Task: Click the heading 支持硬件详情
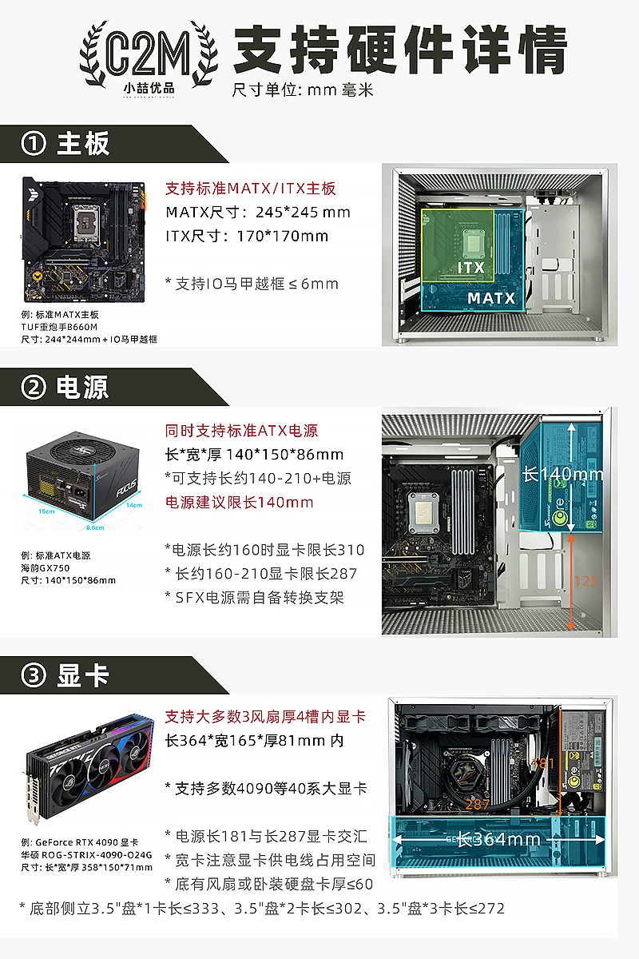click(399, 50)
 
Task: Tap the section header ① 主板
click(68, 144)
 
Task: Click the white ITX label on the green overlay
click(470, 267)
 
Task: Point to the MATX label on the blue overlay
click(491, 299)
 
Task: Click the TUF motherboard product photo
click(84, 240)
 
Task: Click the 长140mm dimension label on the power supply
click(563, 474)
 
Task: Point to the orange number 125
click(585, 581)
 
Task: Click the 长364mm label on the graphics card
click(498, 839)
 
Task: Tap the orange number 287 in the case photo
click(477, 804)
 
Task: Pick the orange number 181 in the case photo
click(542, 763)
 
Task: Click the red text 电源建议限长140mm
click(239, 502)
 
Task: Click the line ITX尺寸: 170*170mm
click(247, 236)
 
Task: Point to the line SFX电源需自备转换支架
click(255, 597)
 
